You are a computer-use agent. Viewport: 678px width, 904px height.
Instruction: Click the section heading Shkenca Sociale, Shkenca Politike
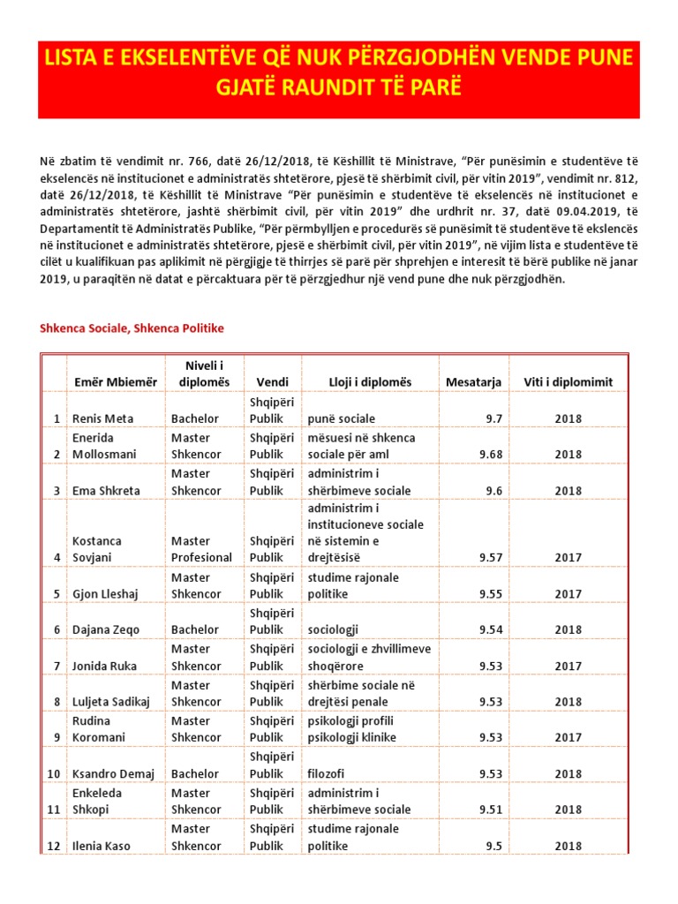(132, 328)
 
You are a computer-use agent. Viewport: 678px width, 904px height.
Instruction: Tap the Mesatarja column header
(474, 382)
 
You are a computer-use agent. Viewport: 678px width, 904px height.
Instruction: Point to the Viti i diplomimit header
(568, 382)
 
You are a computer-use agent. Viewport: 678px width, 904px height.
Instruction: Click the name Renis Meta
(102, 418)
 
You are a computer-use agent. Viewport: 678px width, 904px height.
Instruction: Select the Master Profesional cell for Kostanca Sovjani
(201, 549)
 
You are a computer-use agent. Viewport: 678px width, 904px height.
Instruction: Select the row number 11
(54, 810)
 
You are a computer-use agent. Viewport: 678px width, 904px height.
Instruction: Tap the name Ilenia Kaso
(101, 846)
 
